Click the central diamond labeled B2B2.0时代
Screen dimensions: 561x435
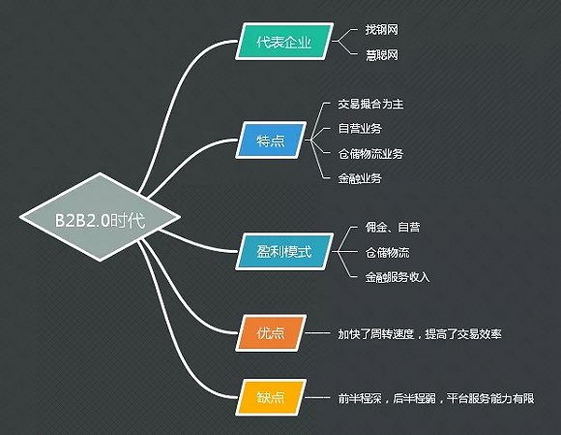pyautogui.click(x=101, y=217)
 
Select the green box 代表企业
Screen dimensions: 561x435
pyautogui.click(x=284, y=42)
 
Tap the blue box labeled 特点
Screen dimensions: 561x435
pyautogui.click(x=271, y=140)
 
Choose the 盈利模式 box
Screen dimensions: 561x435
pyautogui.click(x=284, y=252)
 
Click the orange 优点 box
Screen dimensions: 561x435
pyautogui.click(x=271, y=333)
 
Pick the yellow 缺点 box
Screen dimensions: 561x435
pyautogui.click(x=271, y=397)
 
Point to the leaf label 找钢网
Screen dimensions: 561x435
pyautogui.click(x=381, y=29)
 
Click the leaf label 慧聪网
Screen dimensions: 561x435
pyautogui.click(x=381, y=55)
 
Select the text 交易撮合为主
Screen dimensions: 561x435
pyautogui.click(x=370, y=104)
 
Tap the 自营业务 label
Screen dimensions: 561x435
pyautogui.click(x=360, y=128)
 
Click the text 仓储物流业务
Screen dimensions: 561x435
pyautogui.click(x=370, y=154)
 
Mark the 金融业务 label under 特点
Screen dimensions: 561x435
pyautogui.click(x=360, y=178)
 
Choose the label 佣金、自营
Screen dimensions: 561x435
pyautogui.click(x=393, y=227)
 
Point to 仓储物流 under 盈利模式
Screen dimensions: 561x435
pyautogui.click(x=387, y=252)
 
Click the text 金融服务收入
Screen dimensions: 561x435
pyautogui.click(x=398, y=277)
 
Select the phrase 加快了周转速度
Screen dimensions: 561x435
pyautogui.click(x=376, y=334)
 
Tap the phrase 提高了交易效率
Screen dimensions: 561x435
pyautogui.click(x=463, y=334)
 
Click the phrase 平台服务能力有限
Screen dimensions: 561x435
pyautogui.click(x=490, y=398)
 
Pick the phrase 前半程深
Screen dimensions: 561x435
pyautogui.click(x=360, y=398)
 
